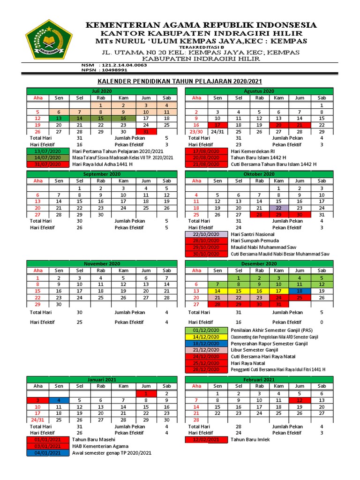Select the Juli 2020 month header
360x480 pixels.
click(x=101, y=91)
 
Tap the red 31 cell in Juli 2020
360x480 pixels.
click(x=146, y=132)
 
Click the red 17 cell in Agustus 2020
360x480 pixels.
click(x=217, y=125)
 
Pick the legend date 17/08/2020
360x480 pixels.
click(x=206, y=151)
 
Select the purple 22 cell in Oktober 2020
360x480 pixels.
click(x=278, y=208)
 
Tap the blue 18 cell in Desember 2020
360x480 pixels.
click(x=300, y=291)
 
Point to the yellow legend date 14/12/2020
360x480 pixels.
click(x=206, y=337)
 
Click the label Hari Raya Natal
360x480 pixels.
click(x=248, y=363)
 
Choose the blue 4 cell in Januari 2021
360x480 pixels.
click(x=59, y=400)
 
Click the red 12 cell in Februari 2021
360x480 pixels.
click(x=300, y=400)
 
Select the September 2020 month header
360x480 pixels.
click(x=101, y=174)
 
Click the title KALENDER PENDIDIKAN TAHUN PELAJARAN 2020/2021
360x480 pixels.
click(x=180, y=81)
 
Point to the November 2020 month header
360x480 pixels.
click(x=101, y=263)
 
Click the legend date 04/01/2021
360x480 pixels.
click(x=47, y=453)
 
